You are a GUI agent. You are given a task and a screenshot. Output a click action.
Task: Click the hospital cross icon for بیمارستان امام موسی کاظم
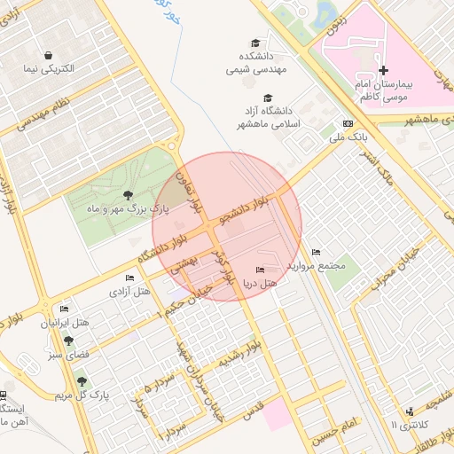(383, 70)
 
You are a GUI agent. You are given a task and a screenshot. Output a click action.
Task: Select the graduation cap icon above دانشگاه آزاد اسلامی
(268, 98)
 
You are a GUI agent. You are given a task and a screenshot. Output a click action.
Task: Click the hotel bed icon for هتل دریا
(259, 270)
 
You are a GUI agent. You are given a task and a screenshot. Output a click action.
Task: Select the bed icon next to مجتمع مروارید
(317, 253)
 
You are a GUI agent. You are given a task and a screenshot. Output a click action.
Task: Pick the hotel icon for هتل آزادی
(129, 278)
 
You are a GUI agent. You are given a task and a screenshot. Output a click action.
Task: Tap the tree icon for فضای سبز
(69, 340)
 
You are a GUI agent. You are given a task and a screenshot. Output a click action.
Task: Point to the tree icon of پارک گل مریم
(82, 381)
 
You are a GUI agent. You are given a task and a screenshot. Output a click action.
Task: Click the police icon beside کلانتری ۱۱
(409, 411)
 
